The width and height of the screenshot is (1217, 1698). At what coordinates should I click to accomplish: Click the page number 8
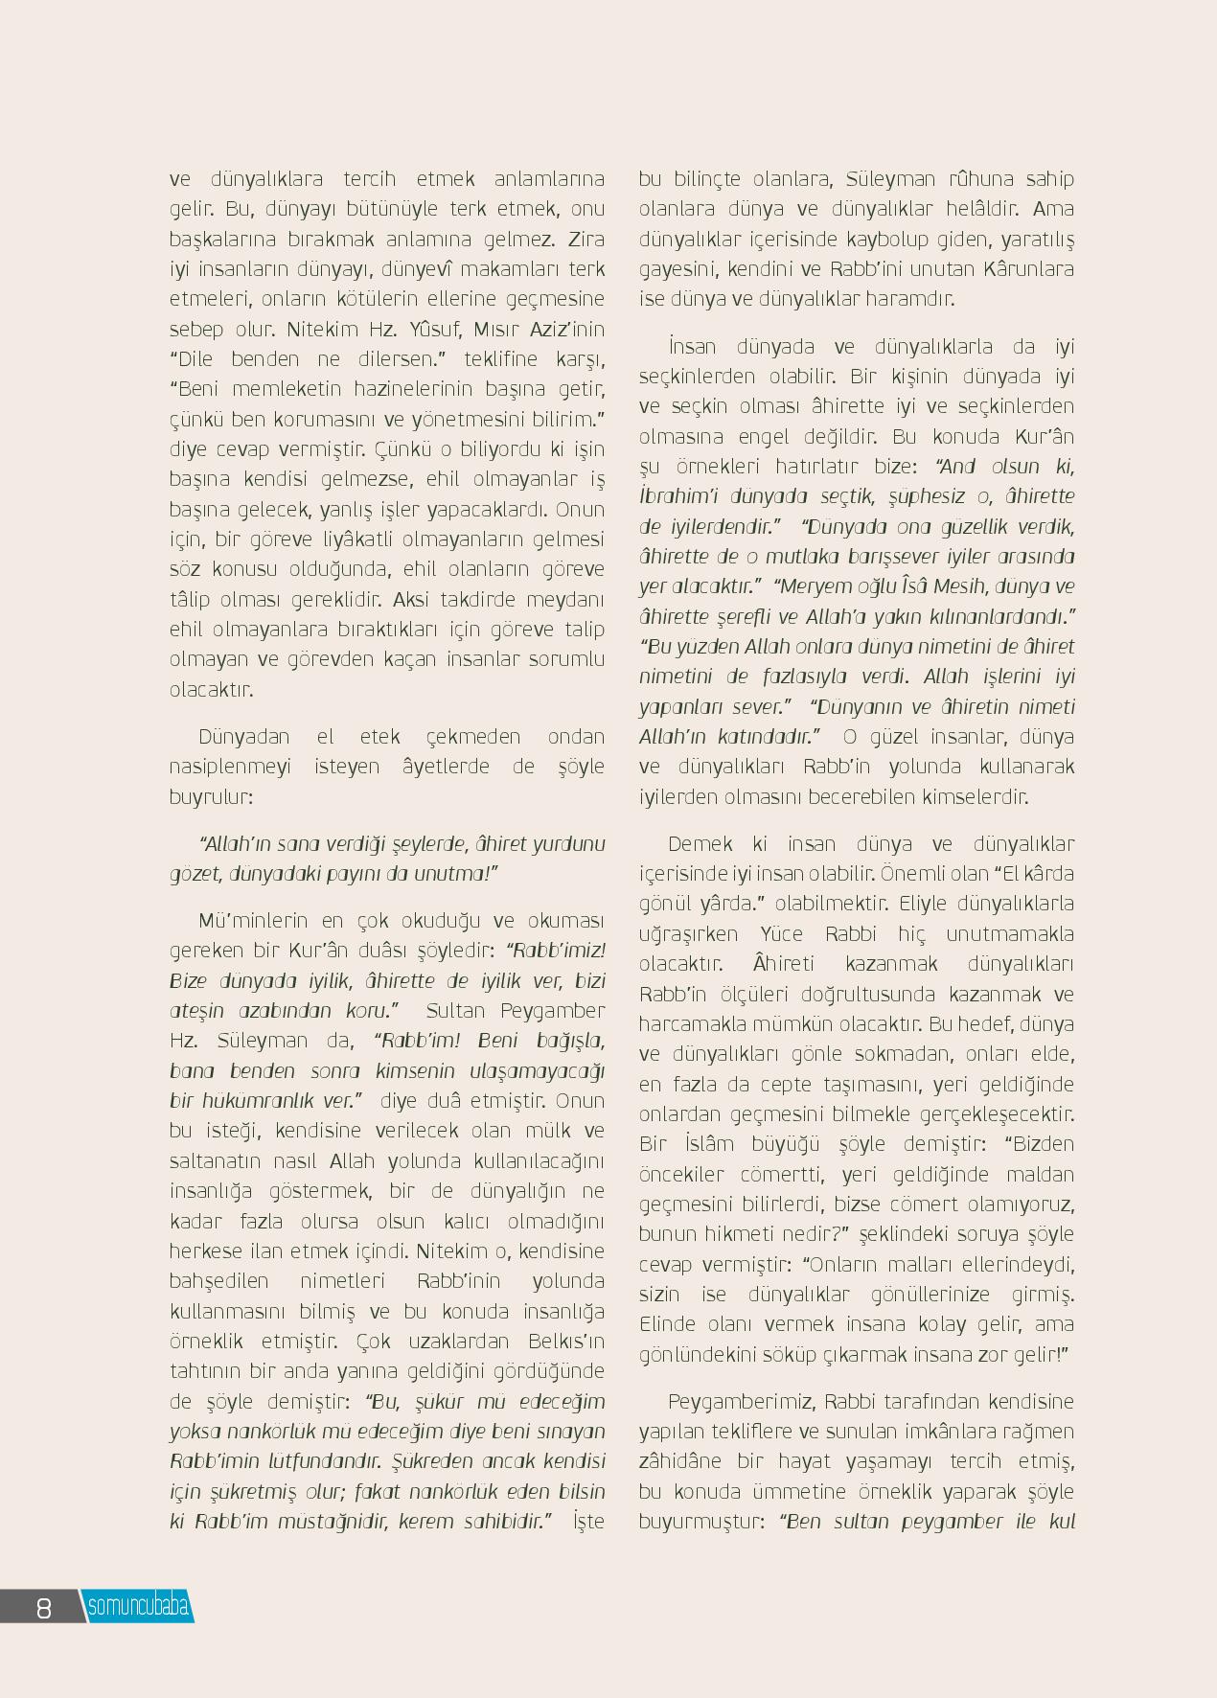pyautogui.click(x=44, y=1607)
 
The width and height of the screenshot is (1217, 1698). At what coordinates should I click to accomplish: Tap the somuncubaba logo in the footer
pyautogui.click(x=138, y=1606)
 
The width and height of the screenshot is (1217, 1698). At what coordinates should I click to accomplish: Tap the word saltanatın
pyautogui.click(x=215, y=1161)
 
